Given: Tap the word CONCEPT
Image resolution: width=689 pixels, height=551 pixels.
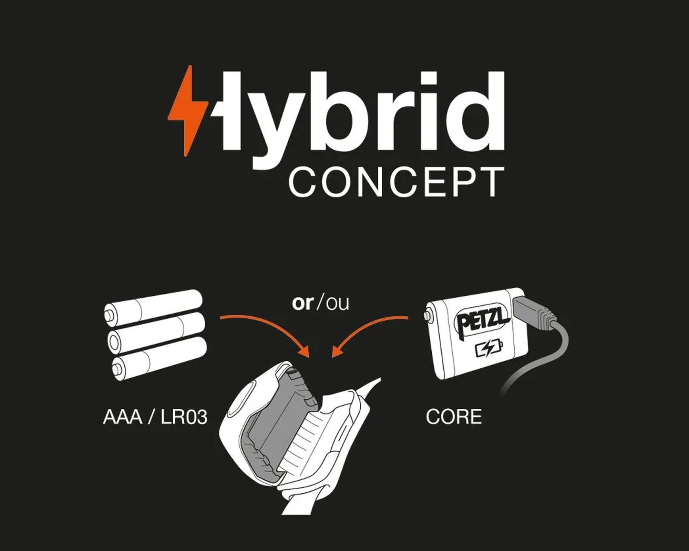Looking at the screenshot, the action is point(396,182).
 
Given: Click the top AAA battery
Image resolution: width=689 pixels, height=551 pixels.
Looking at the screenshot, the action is point(153,308).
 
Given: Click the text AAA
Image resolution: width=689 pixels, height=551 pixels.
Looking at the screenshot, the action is point(123,417).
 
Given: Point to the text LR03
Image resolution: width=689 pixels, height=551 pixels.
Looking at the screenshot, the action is point(184,417).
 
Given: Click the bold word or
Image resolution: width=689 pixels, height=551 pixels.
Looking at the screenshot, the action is point(302,303).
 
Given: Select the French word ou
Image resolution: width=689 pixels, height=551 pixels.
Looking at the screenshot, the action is point(337,303).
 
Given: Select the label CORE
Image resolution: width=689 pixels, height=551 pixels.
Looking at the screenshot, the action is point(454,417).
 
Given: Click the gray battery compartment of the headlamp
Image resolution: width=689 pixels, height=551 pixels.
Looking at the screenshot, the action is point(276,424).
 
